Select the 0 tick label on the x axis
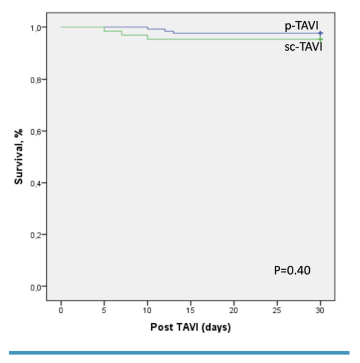pos(61,309)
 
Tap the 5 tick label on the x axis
pos(104,309)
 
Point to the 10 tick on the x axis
pos(147,309)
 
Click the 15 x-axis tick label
pos(191,309)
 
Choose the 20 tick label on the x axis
pos(234,309)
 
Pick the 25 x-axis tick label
pos(277,309)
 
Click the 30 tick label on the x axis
pos(320,309)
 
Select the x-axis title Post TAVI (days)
pos(190,327)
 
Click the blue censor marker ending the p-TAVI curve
pos(320,34)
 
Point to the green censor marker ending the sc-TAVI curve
pos(320,39)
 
